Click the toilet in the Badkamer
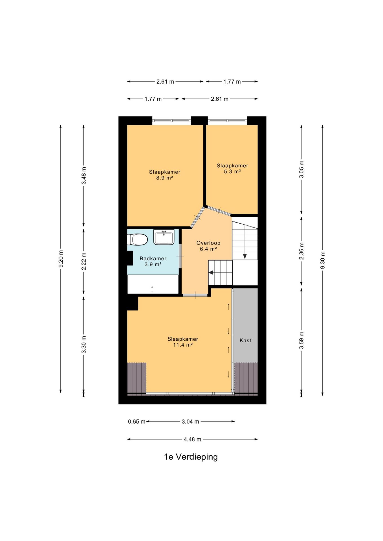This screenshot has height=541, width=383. (x=137, y=240)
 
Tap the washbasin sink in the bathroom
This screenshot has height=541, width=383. (x=164, y=237)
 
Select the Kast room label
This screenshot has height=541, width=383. (x=245, y=340)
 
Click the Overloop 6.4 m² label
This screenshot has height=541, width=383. (x=208, y=246)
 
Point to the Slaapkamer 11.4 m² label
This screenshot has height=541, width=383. (x=183, y=342)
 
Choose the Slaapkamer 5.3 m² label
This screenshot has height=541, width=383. (x=232, y=168)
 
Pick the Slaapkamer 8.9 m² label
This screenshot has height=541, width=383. (x=165, y=175)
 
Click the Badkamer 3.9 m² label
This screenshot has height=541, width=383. (x=153, y=261)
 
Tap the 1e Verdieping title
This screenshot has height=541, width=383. (x=191, y=457)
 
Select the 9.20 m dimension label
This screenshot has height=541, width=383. (x=61, y=259)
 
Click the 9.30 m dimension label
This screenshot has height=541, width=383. (x=323, y=260)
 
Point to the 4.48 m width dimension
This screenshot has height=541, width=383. (x=193, y=439)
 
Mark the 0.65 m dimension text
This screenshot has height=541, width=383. (x=137, y=422)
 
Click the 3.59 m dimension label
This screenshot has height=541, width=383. (x=302, y=340)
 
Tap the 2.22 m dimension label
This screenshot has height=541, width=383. (x=84, y=261)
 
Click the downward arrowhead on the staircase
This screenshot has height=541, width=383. (x=245, y=256)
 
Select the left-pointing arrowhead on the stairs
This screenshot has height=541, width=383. (x=211, y=272)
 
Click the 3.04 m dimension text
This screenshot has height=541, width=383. (x=190, y=422)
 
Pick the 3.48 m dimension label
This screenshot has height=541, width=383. (x=84, y=176)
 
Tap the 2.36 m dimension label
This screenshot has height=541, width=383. (x=302, y=251)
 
